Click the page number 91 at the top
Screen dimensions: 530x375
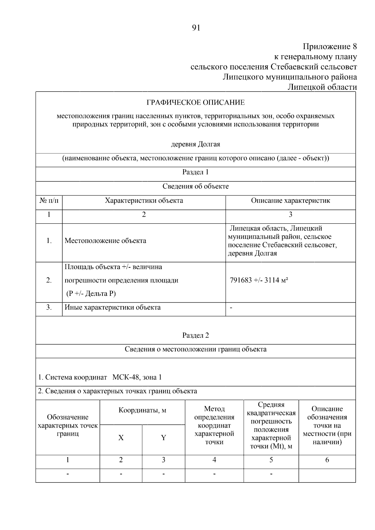[x=196, y=28]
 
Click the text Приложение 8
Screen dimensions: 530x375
[x=330, y=47]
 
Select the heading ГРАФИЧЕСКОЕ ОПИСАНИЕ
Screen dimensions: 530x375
[x=196, y=103]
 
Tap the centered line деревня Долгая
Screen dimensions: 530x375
[x=196, y=144]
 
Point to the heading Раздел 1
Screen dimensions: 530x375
[x=196, y=172]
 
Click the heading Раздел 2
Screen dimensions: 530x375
[x=196, y=335]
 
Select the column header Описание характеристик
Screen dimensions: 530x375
[x=290, y=201]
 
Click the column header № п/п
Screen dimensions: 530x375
[x=49, y=201]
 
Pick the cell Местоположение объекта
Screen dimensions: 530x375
[x=105, y=241]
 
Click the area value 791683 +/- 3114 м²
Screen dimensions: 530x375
[x=259, y=280]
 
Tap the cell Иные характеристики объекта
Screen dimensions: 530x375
[x=112, y=307]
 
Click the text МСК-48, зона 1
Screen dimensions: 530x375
[x=137, y=377]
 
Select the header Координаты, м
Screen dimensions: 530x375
[x=142, y=410]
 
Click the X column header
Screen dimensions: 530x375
[x=121, y=438]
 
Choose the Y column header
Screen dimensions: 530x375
[x=163, y=438]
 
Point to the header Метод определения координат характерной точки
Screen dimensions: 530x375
[x=214, y=425]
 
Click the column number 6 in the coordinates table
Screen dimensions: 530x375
[x=327, y=460]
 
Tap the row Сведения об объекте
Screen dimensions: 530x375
[x=196, y=186]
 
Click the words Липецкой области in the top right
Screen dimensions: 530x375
[x=322, y=87]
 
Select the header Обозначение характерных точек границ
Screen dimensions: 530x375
[x=68, y=425]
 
